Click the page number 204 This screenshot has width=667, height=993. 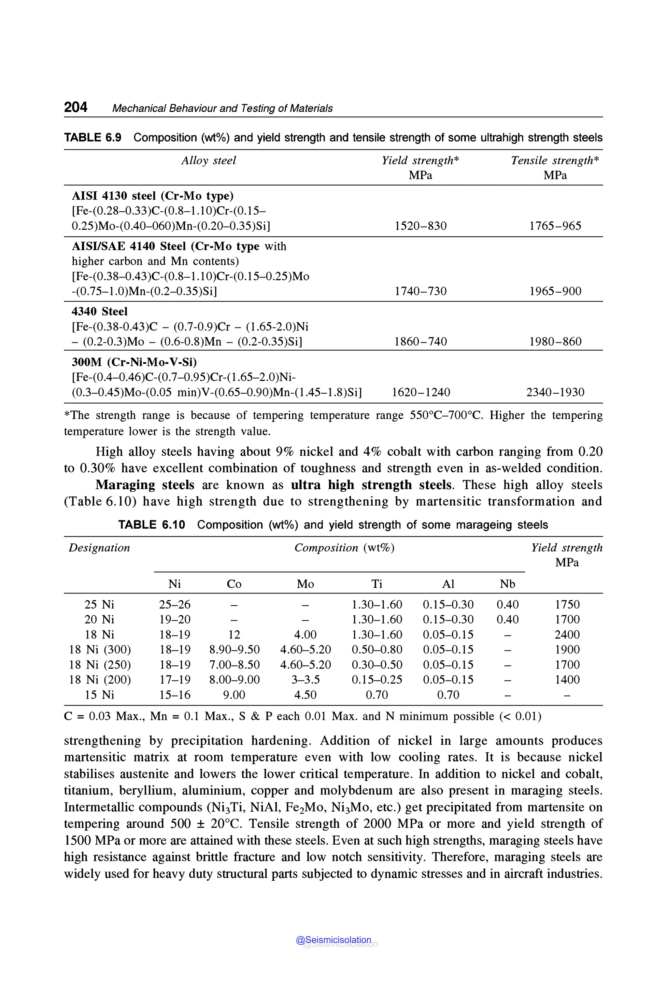coord(76,107)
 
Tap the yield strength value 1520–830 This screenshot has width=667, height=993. coord(420,226)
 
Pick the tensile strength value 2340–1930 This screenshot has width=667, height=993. coord(555,392)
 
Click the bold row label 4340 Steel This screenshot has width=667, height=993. coord(100,311)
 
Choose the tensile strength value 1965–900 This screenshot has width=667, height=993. coord(555,291)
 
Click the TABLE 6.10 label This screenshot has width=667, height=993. coord(151,525)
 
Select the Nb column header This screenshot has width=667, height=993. coord(507,584)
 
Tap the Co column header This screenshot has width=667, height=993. coord(234,584)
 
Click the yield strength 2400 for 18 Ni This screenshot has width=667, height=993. coord(567,635)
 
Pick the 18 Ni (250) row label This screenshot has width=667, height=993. coord(100,665)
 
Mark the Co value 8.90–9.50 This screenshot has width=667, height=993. coord(234,650)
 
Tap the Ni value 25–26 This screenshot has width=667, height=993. coord(175,604)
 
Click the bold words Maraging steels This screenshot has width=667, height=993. coord(145,485)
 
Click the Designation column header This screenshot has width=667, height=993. coord(99,548)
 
